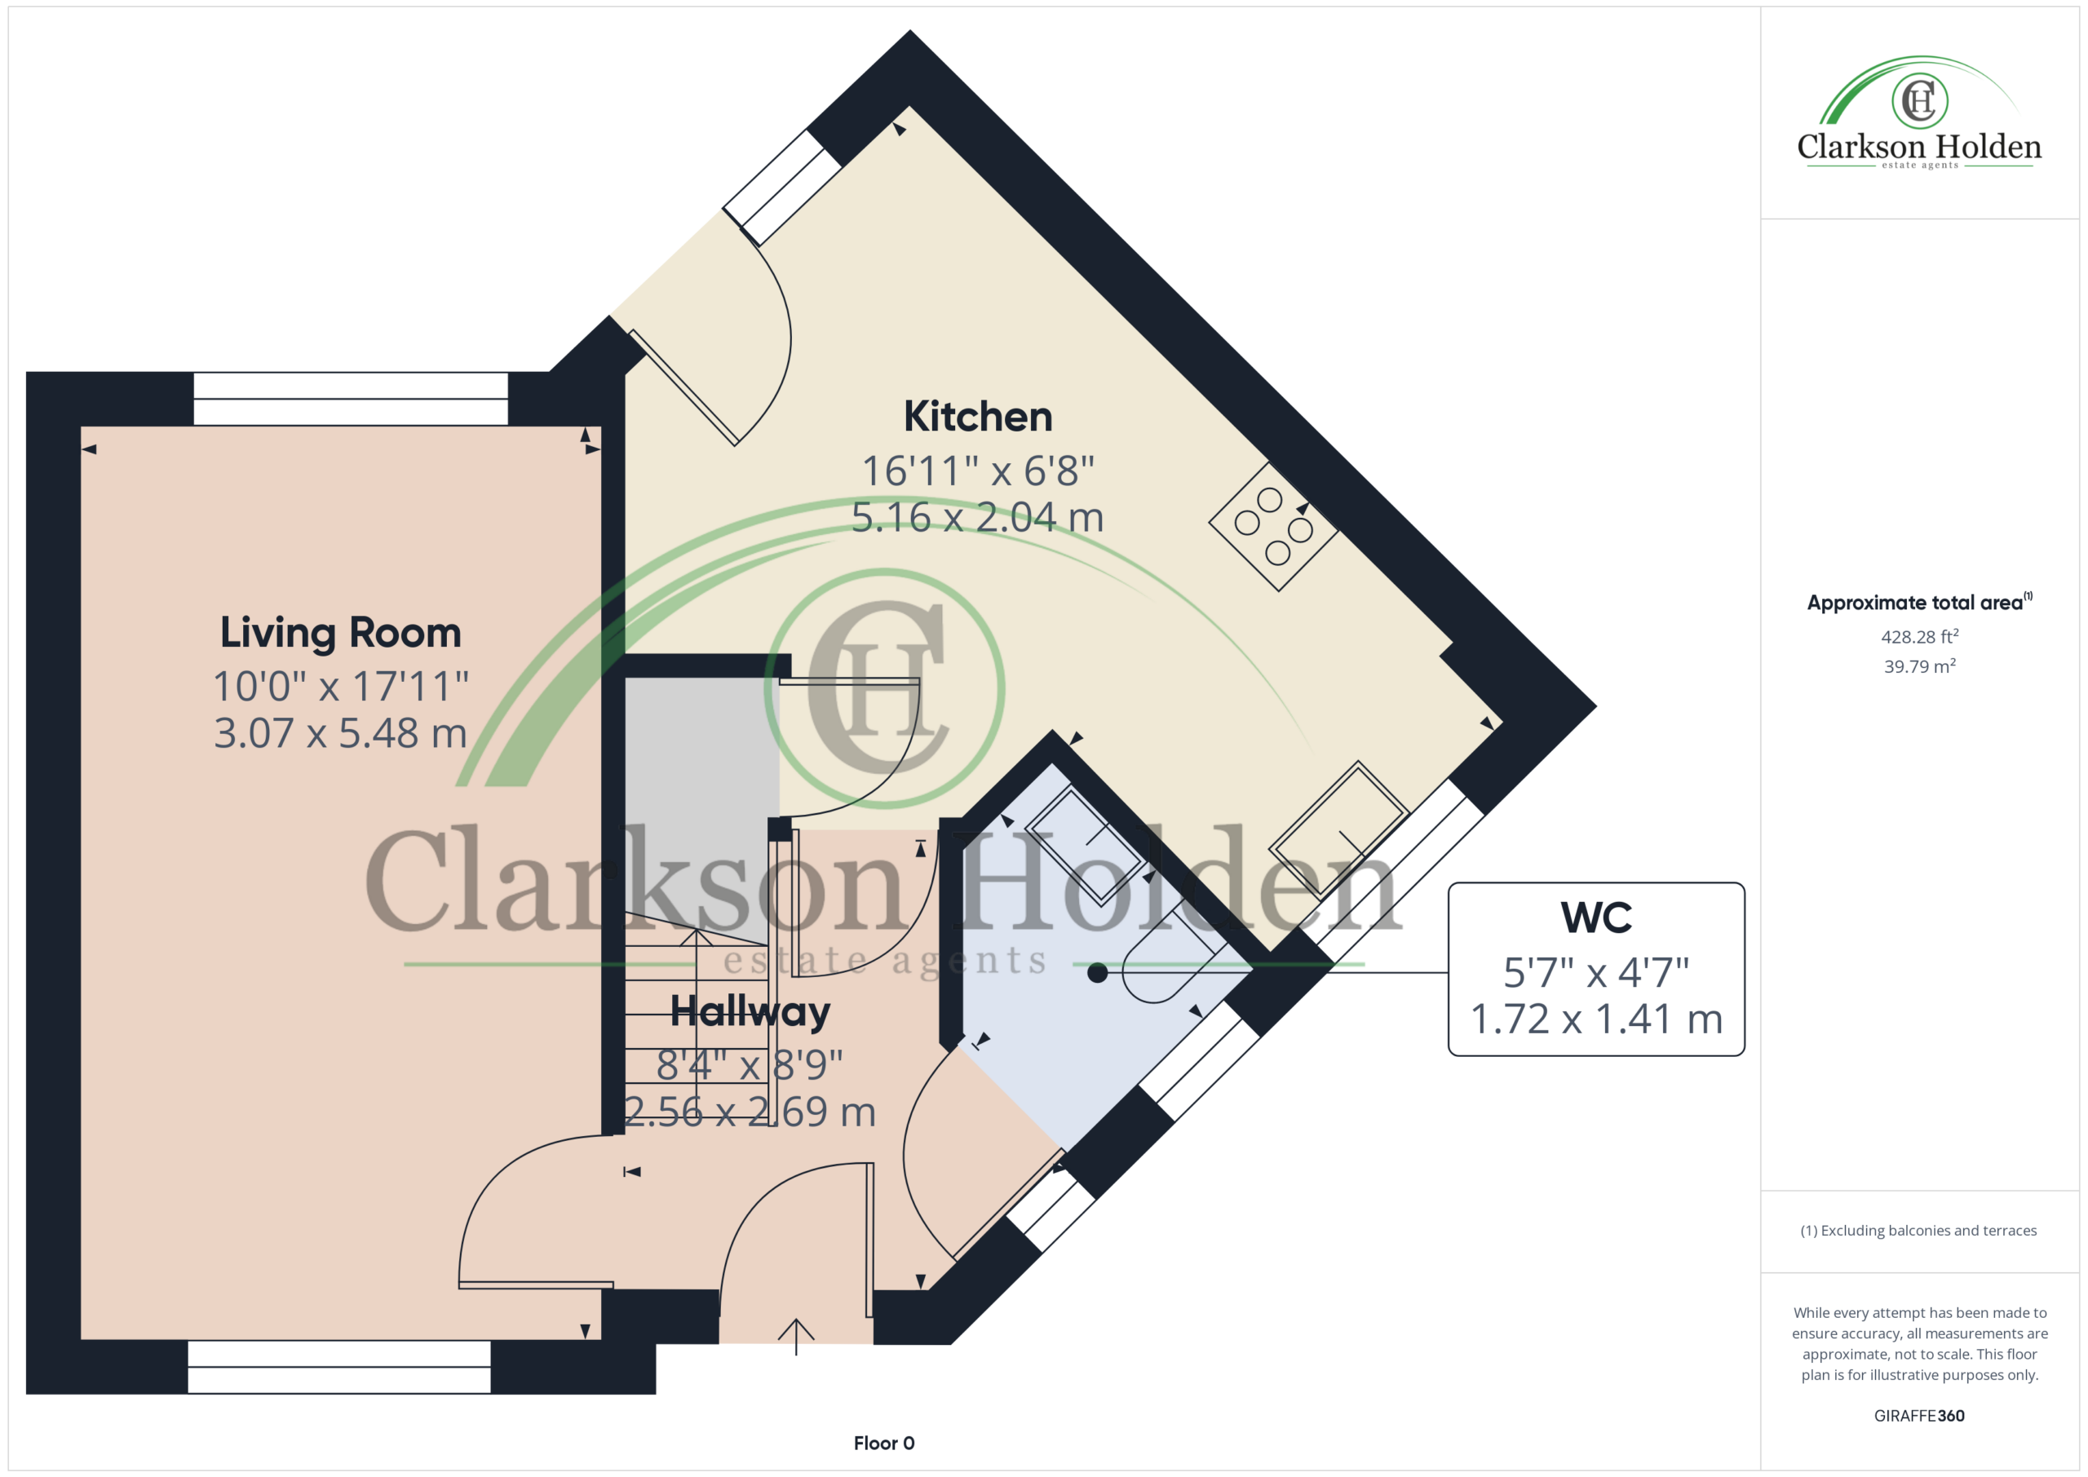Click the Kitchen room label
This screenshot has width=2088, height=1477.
point(978,417)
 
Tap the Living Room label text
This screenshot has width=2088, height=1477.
point(341,632)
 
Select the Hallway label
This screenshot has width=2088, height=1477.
point(750,1012)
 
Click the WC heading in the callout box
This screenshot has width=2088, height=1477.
point(1596,918)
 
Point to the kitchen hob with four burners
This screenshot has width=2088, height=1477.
point(1273,527)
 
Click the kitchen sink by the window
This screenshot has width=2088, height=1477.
point(1338,829)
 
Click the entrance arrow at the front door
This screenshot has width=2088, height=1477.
point(796,1336)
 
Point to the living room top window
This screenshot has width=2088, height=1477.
point(351,398)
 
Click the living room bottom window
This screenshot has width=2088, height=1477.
point(339,1367)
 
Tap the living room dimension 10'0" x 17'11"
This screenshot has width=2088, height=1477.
point(341,687)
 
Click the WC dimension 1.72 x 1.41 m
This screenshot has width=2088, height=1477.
point(1596,1019)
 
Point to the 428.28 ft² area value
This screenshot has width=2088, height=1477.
point(1920,637)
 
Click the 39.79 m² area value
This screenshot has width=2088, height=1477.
point(1920,666)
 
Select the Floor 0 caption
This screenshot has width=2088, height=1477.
point(884,1444)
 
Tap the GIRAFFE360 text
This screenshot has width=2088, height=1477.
point(1919,1416)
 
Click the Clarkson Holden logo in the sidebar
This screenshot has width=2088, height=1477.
point(1919,113)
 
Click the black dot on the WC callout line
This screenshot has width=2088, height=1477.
point(1098,973)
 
